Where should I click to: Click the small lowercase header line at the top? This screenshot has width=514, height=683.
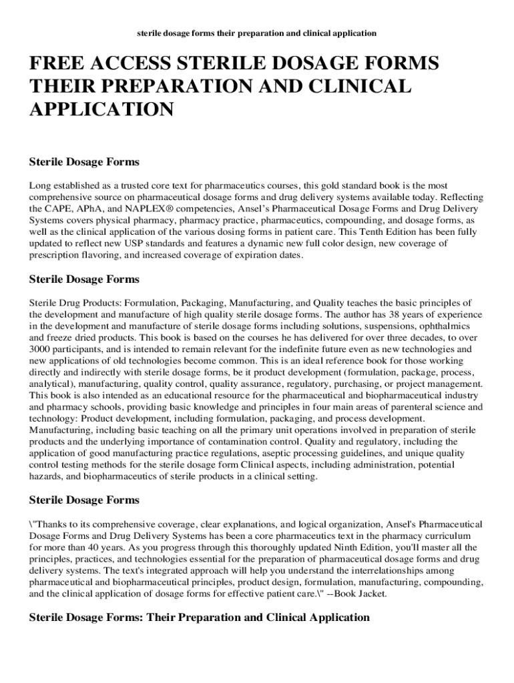click(257, 33)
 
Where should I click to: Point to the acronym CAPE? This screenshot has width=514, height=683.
click(56, 209)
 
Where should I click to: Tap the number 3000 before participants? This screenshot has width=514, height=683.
click(41, 349)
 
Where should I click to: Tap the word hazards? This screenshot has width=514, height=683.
click(46, 476)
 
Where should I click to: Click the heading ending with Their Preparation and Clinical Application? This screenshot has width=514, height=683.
click(199, 618)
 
